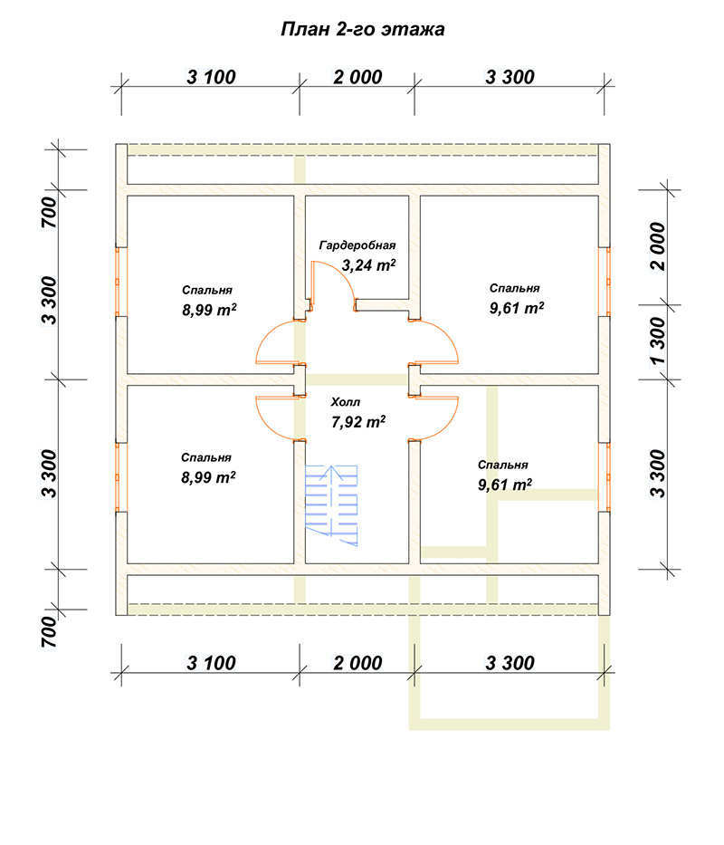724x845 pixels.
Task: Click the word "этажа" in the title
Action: (x=414, y=29)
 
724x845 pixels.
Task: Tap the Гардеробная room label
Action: (x=357, y=245)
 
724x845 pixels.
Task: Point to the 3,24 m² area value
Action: (x=369, y=265)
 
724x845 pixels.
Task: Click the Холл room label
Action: (x=346, y=402)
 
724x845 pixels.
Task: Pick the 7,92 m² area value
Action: (x=358, y=422)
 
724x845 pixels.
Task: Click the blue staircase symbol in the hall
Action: (x=332, y=505)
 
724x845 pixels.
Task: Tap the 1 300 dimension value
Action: (x=657, y=341)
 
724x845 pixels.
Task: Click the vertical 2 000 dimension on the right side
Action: (x=657, y=246)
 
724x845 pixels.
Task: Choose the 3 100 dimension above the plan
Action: (x=211, y=77)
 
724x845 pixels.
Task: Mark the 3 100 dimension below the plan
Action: (x=211, y=663)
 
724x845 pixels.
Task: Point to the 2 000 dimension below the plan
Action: (x=357, y=663)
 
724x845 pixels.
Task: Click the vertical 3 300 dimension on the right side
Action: (x=657, y=474)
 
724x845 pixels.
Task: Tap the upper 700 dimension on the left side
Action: (x=49, y=212)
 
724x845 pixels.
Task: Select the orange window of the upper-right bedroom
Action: (x=606, y=282)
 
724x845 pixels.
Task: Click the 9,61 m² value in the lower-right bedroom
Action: (x=505, y=485)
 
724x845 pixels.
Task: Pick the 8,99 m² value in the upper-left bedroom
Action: (x=209, y=310)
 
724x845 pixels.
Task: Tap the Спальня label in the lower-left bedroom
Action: (x=205, y=458)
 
